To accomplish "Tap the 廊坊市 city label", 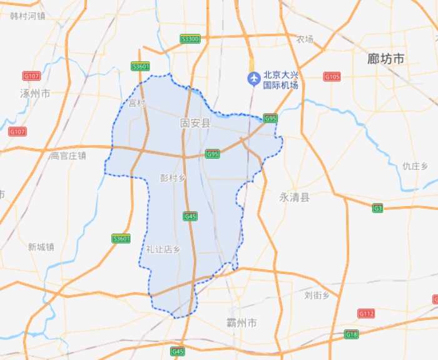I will tap(385, 59).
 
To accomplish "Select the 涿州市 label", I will tap(35, 93).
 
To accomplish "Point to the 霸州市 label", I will tap(242, 322).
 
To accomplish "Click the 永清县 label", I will tap(294, 197).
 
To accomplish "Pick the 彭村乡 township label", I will tap(173, 178).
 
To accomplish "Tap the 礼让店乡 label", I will tap(163, 249).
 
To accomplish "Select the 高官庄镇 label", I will tap(68, 156).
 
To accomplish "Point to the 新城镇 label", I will tap(41, 247).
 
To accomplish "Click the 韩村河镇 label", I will tap(28, 15).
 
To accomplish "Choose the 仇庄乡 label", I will tap(415, 166).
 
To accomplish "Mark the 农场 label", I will tap(305, 39).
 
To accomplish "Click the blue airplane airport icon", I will tap(253, 78).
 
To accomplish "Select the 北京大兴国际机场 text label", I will tap(280, 79).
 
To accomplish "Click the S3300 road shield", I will tap(190, 39).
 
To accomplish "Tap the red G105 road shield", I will tap(332, 77).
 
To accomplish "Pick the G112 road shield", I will tap(366, 312).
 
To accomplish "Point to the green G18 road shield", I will tap(352, 335).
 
